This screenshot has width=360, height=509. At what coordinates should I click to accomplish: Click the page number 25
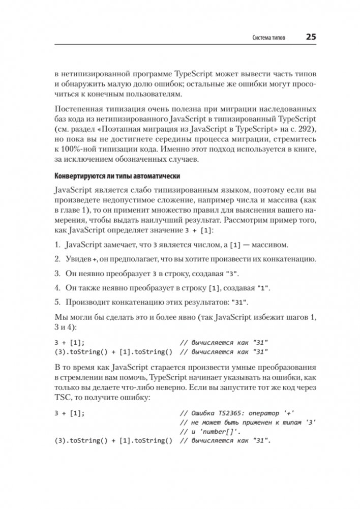(311, 37)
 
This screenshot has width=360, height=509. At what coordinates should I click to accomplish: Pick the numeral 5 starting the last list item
(56, 302)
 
